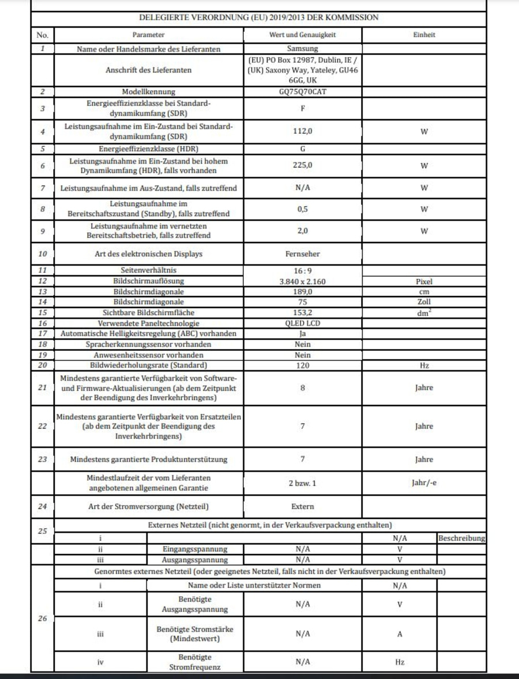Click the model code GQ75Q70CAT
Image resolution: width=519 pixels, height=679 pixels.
point(302,92)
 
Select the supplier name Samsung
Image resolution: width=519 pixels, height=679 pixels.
point(302,49)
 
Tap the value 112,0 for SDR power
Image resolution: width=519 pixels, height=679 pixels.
point(302,131)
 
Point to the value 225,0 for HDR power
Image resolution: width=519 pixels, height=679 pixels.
point(302,166)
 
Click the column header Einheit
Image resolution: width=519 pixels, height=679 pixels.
point(424,35)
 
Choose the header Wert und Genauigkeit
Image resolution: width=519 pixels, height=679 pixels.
point(302,35)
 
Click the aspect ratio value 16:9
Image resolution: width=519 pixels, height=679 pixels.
point(302,270)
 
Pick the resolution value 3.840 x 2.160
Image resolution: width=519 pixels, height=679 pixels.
point(302,282)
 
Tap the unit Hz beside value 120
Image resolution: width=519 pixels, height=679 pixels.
point(424,366)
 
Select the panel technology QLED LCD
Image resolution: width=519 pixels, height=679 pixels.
point(302,323)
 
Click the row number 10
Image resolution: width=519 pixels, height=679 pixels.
point(42,254)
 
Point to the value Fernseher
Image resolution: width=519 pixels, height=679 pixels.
point(302,254)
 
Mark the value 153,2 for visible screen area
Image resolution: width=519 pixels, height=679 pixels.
point(302,313)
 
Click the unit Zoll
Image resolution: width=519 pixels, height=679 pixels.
point(424,302)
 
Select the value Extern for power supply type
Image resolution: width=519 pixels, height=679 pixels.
point(302,507)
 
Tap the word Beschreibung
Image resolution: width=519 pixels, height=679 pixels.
point(461,538)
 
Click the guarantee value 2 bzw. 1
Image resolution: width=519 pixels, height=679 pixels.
point(302,483)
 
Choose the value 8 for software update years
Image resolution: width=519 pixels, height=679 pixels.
point(302,388)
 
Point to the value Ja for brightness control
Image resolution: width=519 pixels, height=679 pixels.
point(302,333)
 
